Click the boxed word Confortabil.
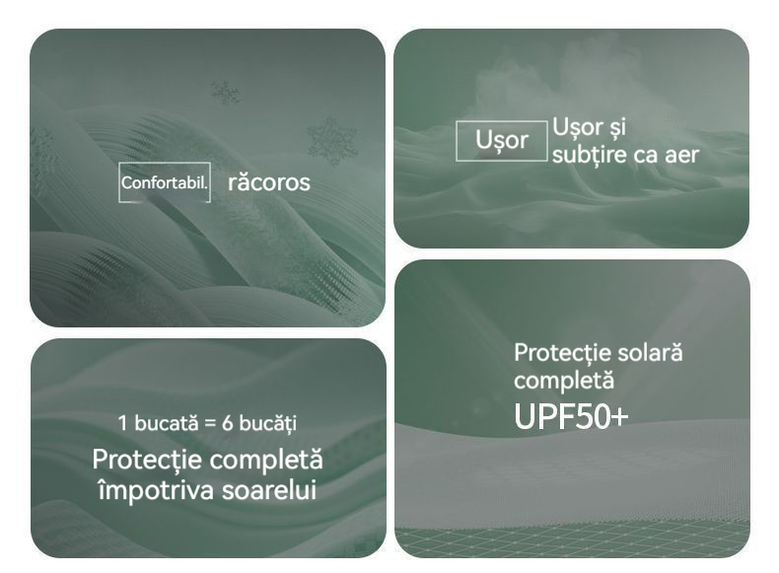[x=164, y=182]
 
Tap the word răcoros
[x=269, y=181]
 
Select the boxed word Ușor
[x=501, y=141]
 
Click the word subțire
[x=590, y=155]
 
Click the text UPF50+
[x=571, y=416]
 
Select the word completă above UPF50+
[x=564, y=381]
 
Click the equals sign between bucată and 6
[x=210, y=424]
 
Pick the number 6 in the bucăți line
[x=228, y=423]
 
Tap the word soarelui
[x=269, y=490]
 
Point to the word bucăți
[x=268, y=424]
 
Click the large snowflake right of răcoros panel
[x=332, y=141]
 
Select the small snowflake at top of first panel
[x=225, y=93]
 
